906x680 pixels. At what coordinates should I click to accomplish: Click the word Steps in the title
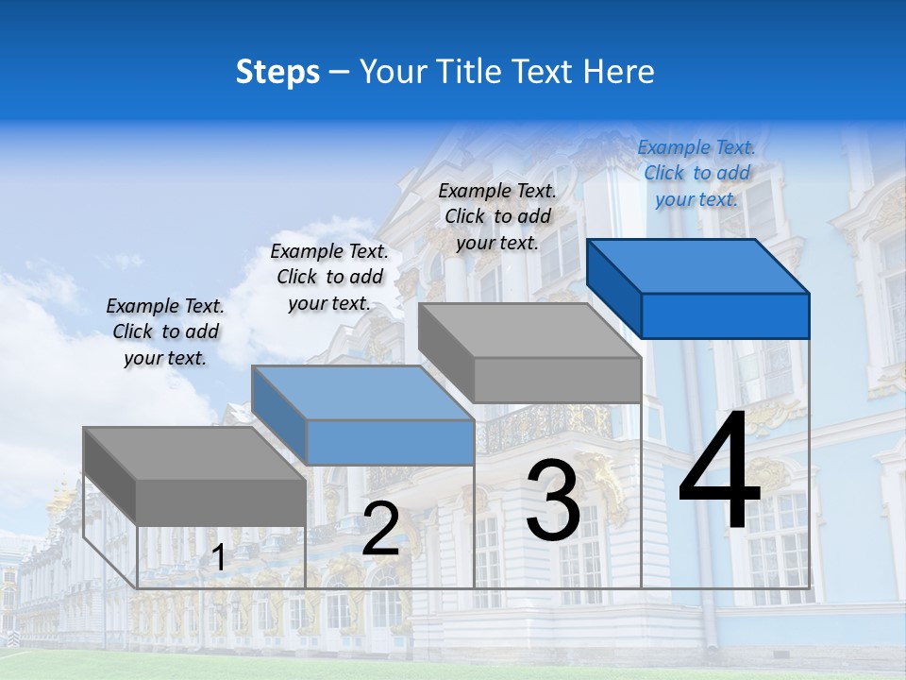[x=277, y=72]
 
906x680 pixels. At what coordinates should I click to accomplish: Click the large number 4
[x=719, y=472]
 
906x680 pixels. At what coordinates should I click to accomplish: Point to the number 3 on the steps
[x=552, y=501]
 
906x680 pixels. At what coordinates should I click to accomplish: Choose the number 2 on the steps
[x=380, y=529]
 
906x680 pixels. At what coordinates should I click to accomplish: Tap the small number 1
[x=218, y=558]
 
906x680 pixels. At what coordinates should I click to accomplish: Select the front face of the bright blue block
[x=725, y=315]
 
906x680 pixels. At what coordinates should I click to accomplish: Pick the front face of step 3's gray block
[x=557, y=381]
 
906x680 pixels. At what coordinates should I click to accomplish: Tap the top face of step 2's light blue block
[x=362, y=393]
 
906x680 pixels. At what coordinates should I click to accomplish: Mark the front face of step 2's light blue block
[x=390, y=442]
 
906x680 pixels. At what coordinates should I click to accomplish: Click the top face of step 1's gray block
[x=194, y=453]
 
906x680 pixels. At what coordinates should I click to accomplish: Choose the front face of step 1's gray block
[x=221, y=502]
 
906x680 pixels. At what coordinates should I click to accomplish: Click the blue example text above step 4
[x=696, y=173]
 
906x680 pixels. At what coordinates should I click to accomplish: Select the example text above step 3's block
[x=497, y=216]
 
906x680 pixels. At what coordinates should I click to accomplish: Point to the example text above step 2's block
[x=329, y=277]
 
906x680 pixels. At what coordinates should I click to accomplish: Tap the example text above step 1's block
[x=165, y=331]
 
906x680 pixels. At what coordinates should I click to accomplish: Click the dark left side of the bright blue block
[x=613, y=288]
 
